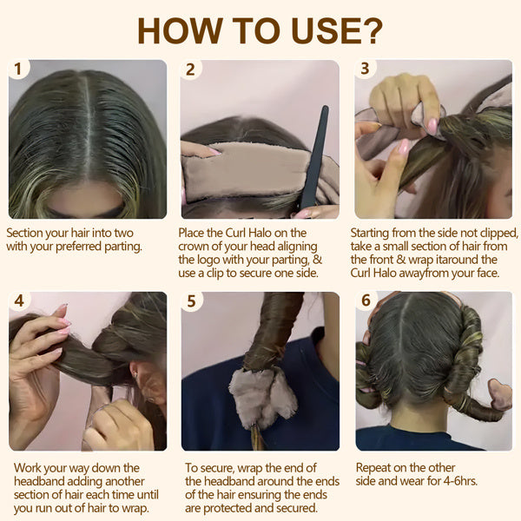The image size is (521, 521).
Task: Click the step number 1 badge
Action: tap(18, 69)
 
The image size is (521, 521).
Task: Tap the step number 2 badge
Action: tap(190, 69)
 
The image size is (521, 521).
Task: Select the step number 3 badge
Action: tap(365, 69)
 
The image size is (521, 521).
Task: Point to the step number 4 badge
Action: tap(18, 301)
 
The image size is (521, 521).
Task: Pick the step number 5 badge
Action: tap(190, 301)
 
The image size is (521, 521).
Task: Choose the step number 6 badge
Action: tap(365, 301)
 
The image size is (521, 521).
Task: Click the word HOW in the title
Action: tap(179, 30)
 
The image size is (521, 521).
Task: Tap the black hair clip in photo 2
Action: tap(314, 156)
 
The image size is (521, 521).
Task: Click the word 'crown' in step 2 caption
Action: tap(198, 246)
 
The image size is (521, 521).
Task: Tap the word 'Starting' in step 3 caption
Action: tap(372, 233)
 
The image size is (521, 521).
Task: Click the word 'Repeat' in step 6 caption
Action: tap(375, 467)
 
